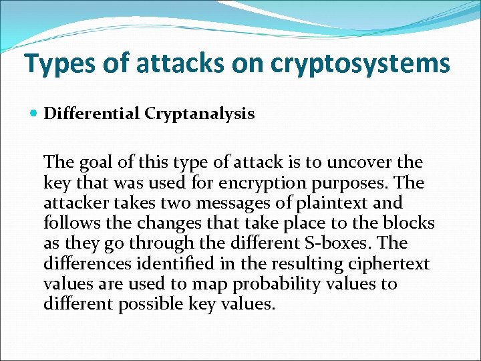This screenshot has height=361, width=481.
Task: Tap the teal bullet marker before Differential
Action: pyautogui.click(x=35, y=114)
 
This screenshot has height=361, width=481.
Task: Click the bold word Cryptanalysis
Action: pyautogui.click(x=199, y=114)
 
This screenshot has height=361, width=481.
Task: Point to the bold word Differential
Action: pyautogui.click(x=92, y=114)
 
